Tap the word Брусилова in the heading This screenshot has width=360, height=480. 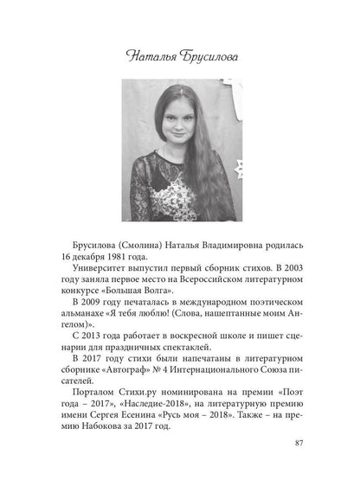pyautogui.click(x=206, y=56)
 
